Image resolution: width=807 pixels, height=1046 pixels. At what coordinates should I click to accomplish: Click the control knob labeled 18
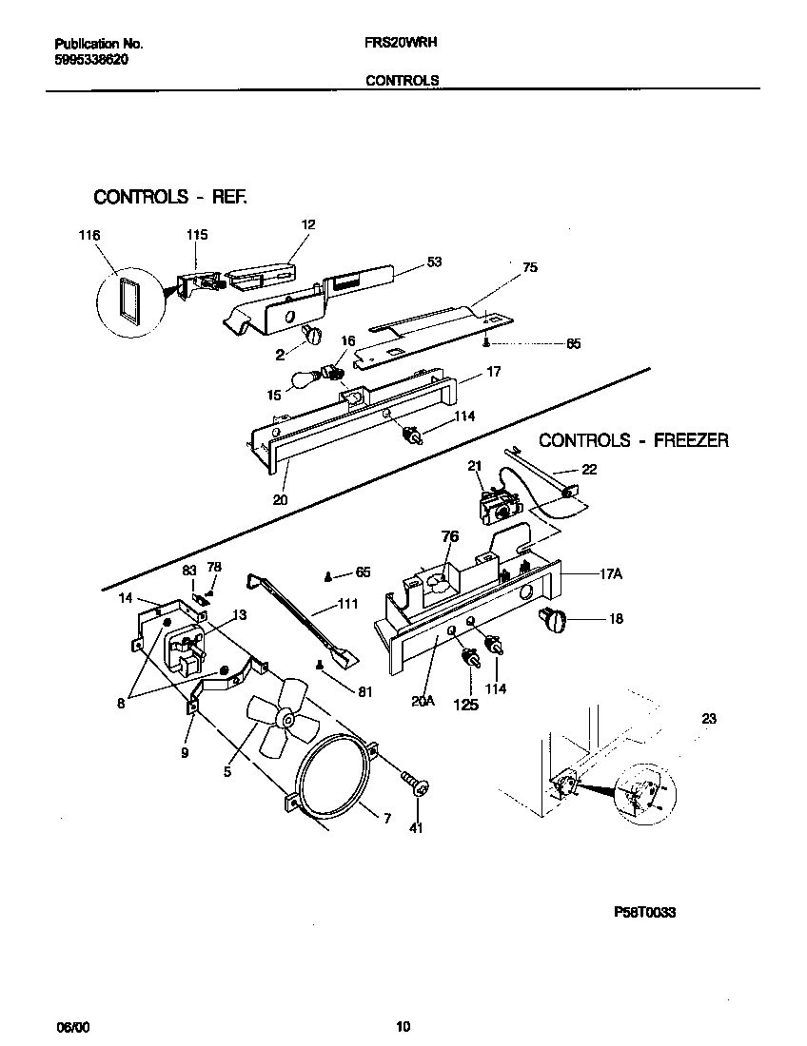tap(553, 618)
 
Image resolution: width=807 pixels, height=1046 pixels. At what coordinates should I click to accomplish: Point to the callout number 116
tap(89, 235)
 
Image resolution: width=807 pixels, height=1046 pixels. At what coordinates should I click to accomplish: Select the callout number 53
tap(434, 261)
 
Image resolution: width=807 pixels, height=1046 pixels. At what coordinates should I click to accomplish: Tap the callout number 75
tap(530, 267)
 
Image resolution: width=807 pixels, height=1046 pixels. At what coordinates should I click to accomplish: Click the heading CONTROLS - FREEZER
tap(634, 440)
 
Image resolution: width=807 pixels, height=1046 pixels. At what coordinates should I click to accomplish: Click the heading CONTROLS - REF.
tap(169, 197)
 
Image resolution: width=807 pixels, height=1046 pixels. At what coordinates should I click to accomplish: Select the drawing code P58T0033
tap(645, 912)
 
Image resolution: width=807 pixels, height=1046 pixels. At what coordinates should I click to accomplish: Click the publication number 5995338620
tap(92, 59)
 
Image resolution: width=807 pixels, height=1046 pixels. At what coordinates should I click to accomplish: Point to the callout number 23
tap(708, 720)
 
